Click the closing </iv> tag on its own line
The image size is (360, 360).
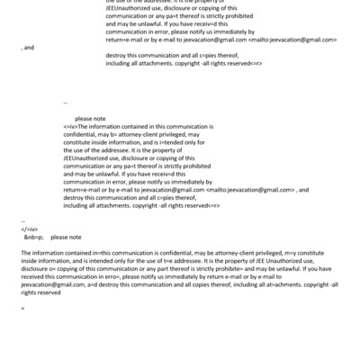pos(26,229)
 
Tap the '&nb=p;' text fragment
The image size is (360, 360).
pos(33,238)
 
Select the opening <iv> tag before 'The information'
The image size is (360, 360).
pos(69,128)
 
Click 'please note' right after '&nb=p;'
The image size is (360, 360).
pos(66,238)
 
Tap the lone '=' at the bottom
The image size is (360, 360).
pos(22,309)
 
